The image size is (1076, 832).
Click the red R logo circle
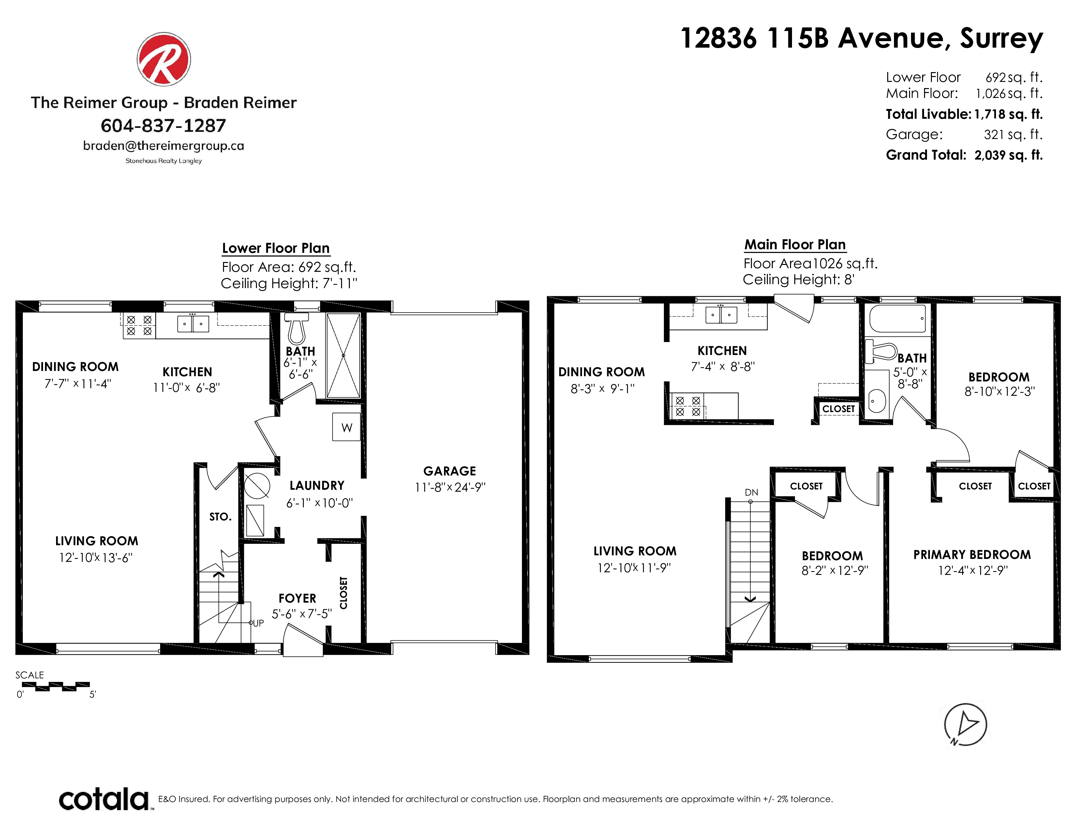[164, 59]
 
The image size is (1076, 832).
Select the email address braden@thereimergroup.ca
[164, 146]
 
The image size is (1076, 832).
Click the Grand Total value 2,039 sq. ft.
[1009, 155]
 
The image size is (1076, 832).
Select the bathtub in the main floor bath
[897, 318]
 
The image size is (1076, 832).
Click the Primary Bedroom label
[972, 554]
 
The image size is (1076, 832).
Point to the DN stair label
[751, 492]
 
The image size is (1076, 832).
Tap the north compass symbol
[965, 725]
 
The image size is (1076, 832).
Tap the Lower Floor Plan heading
[276, 248]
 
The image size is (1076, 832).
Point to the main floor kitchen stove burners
[688, 407]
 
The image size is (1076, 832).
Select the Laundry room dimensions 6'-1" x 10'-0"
[320, 503]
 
